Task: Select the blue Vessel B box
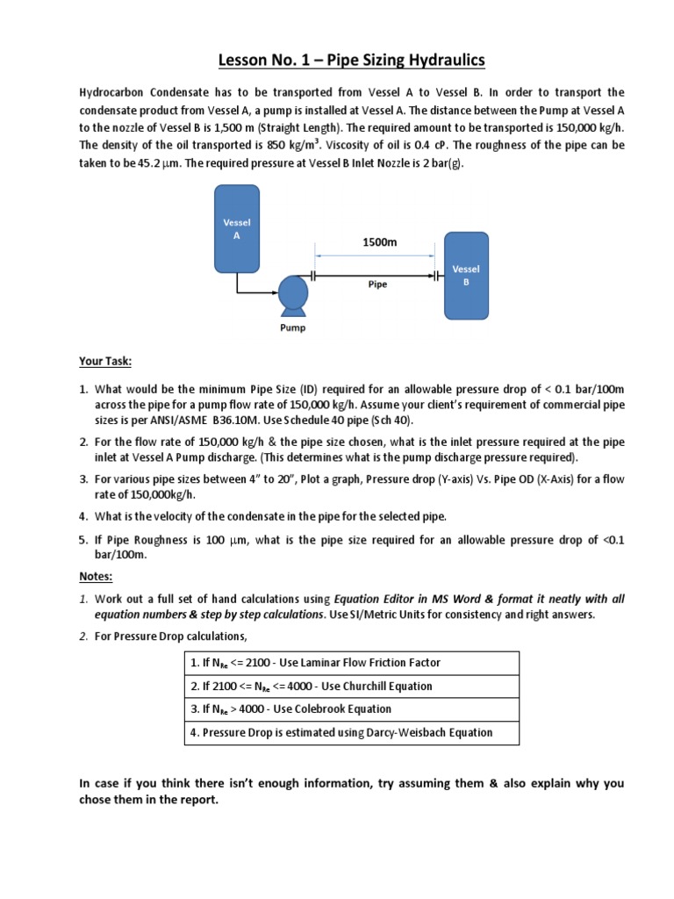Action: [465, 276]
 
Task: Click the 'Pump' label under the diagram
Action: [292, 327]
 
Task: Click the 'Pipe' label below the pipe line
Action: [376, 284]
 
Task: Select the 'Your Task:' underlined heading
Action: [104, 362]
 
